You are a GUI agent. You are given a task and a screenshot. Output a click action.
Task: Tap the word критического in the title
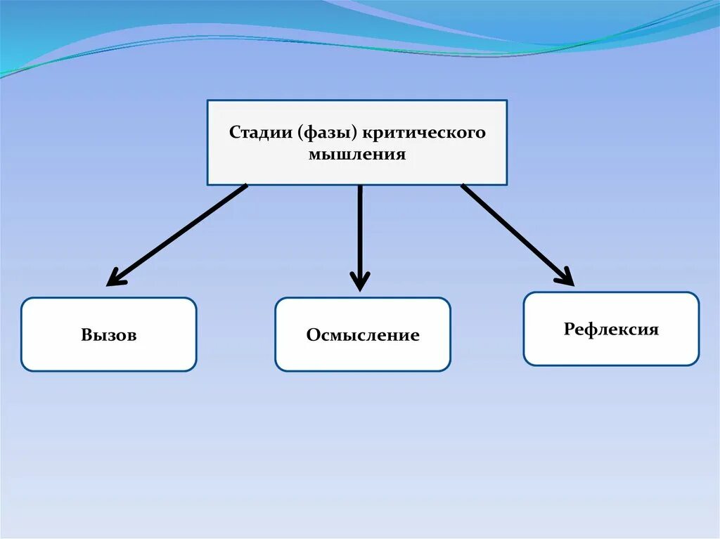pos(424,133)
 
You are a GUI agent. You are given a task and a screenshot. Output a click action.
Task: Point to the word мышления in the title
pos(357,154)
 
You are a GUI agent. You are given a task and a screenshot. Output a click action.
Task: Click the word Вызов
pos(108,335)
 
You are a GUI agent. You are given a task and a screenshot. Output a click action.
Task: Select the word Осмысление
pos(363,335)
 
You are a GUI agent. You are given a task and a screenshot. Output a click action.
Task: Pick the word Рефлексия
pos(611,330)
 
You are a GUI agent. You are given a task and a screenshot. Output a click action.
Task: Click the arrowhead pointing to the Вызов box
pos(115,280)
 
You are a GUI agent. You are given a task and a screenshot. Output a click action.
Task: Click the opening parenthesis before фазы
pos(300,134)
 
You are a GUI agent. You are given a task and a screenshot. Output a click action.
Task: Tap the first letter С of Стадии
pos(234,133)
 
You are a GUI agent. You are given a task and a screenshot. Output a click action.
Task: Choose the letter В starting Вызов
pos(86,335)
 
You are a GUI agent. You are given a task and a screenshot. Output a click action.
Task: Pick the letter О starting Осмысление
pos(312,335)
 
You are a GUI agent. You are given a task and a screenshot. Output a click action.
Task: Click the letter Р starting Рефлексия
pos(569,330)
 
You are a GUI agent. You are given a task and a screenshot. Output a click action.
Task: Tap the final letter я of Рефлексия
pos(654,330)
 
